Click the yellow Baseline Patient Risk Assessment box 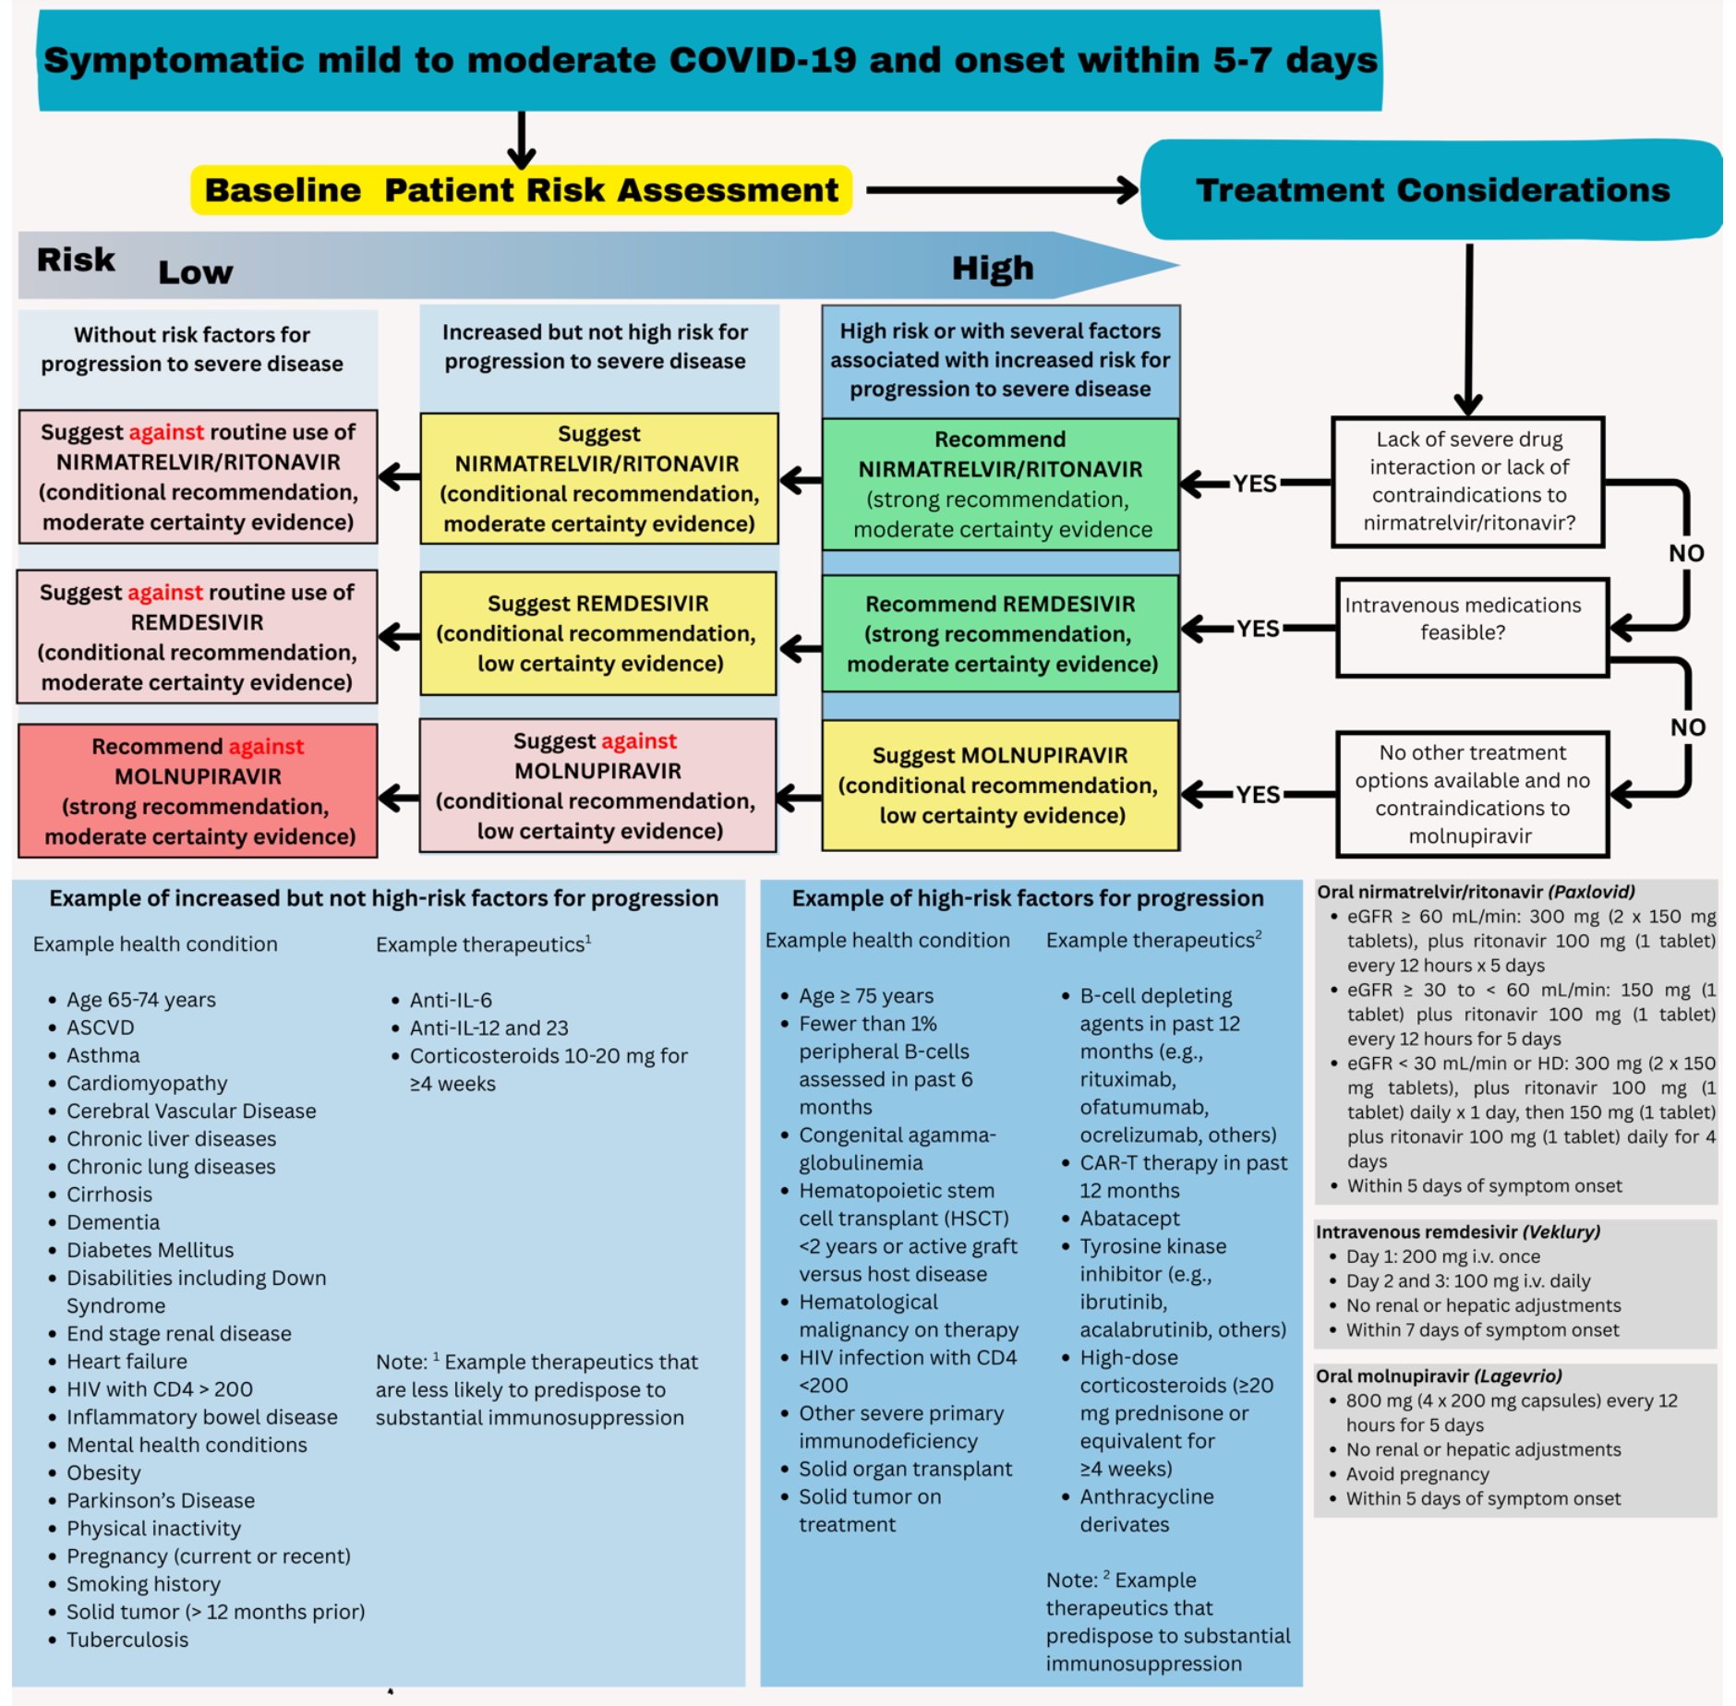coord(521,190)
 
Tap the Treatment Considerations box coord(1431,190)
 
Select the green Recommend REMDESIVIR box coord(1000,633)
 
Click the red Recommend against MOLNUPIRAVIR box coord(198,791)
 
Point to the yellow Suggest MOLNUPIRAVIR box coord(1000,786)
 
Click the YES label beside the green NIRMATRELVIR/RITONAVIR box coord(1254,484)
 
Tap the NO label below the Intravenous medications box coord(1687,727)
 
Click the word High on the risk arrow coord(993,269)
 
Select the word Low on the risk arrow coord(196,272)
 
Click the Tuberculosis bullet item coord(127,1640)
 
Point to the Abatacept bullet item coord(1129,1219)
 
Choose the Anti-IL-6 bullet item coord(451,1000)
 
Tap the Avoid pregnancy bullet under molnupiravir coord(1417,1473)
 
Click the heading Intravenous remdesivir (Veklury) coord(1458,1231)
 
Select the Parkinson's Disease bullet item coord(161,1500)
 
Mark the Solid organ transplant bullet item coord(905,1469)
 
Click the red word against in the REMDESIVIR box coord(165,593)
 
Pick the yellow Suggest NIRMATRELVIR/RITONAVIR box coord(598,478)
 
